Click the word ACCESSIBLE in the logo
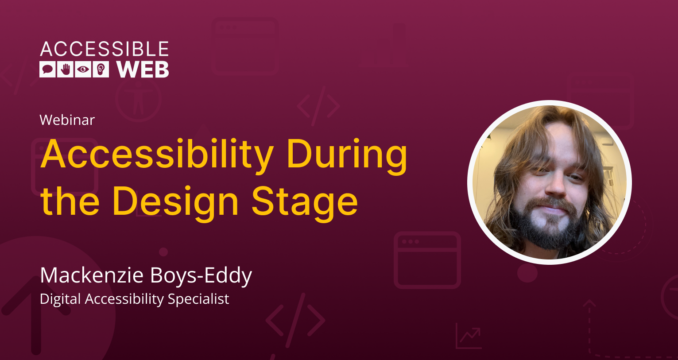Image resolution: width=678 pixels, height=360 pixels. (x=105, y=49)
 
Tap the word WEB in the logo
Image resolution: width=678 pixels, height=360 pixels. (x=143, y=70)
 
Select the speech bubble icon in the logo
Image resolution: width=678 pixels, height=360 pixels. (x=47, y=70)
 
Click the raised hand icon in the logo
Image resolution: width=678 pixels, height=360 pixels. (x=65, y=70)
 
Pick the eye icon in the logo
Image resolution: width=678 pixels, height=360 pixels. (x=83, y=70)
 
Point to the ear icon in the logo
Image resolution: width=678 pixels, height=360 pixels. (x=101, y=70)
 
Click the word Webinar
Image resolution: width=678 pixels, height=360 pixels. (x=67, y=120)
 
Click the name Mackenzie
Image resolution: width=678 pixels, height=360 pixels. (x=92, y=275)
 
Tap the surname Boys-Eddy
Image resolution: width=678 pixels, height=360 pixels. (x=201, y=275)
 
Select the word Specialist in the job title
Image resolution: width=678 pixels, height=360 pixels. (x=198, y=299)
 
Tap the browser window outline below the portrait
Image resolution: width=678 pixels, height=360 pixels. (x=427, y=260)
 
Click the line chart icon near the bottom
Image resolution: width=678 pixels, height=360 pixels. (x=469, y=336)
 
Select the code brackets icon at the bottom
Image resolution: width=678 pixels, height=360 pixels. (x=295, y=320)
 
